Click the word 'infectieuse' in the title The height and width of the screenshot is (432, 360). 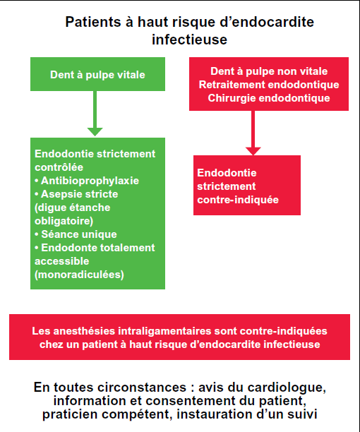pyautogui.click(x=189, y=39)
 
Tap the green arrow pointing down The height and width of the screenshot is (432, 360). pyautogui.click(x=95, y=114)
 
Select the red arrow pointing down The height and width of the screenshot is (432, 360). pyautogui.click(x=253, y=133)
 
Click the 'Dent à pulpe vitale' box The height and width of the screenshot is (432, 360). pyautogui.click(x=98, y=74)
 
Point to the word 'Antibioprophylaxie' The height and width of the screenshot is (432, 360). pyautogui.click(x=90, y=181)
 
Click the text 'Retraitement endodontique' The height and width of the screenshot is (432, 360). pyautogui.click(x=269, y=85)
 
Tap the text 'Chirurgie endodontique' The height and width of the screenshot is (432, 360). pyautogui.click(x=269, y=98)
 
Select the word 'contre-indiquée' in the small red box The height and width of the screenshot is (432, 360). pyautogui.click(x=238, y=200)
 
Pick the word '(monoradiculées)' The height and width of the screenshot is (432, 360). pyautogui.click(x=79, y=275)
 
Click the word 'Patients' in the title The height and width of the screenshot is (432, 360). pyautogui.click(x=93, y=22)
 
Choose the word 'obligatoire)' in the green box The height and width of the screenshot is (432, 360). pyautogui.click(x=64, y=221)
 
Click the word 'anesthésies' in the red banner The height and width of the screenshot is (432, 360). pyautogui.click(x=84, y=331)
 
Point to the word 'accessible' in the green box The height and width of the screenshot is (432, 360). pyautogui.click(x=61, y=261)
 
